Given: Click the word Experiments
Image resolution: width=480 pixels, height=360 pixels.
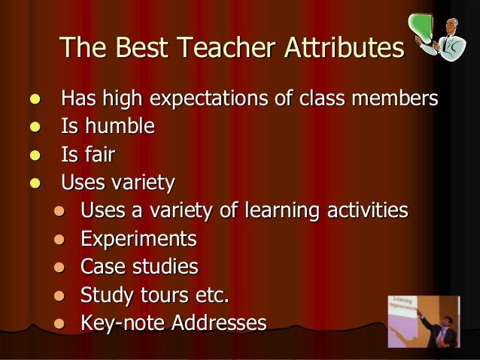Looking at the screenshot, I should coord(138,240).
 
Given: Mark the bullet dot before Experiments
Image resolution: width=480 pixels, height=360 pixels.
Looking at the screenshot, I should coord(61,241).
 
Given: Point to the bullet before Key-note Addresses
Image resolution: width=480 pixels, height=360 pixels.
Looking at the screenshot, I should coord(61,325).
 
